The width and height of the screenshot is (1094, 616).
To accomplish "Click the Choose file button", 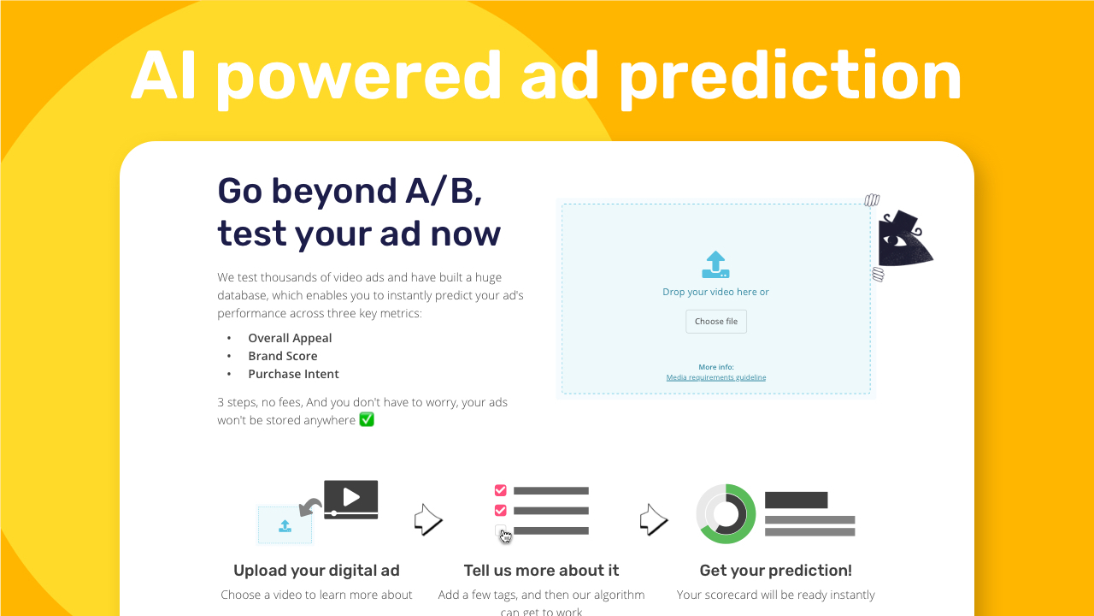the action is coord(716,321).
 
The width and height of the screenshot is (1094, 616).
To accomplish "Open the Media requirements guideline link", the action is coord(716,377).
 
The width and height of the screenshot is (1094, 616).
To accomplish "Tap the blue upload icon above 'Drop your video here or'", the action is coord(715,264).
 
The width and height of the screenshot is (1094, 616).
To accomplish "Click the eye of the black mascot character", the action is coord(896,240).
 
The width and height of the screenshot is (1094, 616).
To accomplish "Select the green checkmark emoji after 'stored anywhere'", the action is coord(367,419).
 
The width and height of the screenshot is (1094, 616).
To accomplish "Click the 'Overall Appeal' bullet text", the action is coord(290,338).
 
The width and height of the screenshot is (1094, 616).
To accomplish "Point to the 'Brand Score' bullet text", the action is coord(283,356).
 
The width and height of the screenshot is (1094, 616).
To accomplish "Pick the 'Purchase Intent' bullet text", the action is coord(293,374).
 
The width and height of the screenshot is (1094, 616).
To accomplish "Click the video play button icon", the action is coord(350,498).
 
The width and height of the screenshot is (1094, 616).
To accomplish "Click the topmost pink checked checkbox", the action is coord(500,490).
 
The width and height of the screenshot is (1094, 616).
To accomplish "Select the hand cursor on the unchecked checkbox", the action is coord(505,536).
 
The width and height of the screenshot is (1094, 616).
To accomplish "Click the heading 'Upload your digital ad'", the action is coord(316,571).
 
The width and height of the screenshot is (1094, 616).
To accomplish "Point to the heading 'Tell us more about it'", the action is coord(541,571).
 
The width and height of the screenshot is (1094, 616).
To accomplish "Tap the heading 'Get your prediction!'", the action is coord(775,571).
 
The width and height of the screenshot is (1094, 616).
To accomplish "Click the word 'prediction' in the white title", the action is coord(790,78).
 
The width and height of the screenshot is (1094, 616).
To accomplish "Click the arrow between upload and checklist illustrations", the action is coord(428,519).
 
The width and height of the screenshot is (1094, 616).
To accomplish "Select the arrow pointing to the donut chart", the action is coord(654,519).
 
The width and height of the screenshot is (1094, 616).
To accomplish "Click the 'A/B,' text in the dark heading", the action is coord(444,191).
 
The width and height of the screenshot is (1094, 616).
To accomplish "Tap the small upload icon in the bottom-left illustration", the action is coord(285,526).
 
